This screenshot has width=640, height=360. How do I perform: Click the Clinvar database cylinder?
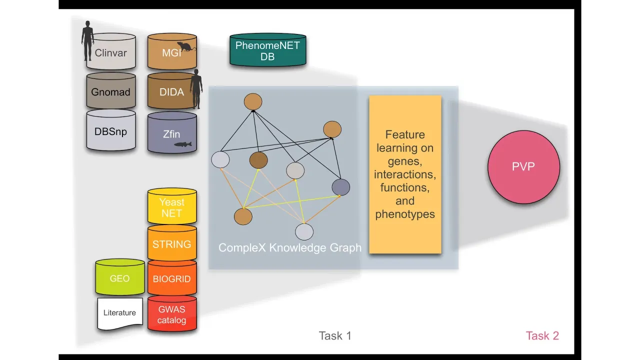click(111, 52)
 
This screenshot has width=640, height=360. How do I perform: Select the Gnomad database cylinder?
click(111, 91)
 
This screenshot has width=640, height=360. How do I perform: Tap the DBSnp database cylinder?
click(111, 131)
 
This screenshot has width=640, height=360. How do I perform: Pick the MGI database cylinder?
click(171, 52)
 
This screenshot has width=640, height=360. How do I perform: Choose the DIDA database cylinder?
click(171, 91)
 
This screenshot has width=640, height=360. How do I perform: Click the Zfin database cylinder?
click(172, 133)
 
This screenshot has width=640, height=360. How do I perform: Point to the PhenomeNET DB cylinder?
click(267, 51)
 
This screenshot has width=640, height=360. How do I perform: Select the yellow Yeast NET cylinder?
click(172, 207)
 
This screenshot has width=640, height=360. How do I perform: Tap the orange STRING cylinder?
click(172, 244)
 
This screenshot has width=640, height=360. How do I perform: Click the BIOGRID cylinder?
click(172, 278)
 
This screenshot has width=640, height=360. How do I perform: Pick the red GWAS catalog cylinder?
click(172, 314)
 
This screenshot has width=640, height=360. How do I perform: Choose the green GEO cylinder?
click(120, 278)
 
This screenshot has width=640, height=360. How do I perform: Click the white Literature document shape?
click(120, 313)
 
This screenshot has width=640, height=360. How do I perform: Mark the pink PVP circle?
click(523, 167)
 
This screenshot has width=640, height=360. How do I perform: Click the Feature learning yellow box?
click(405, 174)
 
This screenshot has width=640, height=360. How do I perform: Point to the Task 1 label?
click(335, 335)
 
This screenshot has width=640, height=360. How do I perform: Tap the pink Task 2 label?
click(542, 335)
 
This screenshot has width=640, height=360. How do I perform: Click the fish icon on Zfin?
click(182, 144)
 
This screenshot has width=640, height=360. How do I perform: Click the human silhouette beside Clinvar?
click(88, 40)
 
